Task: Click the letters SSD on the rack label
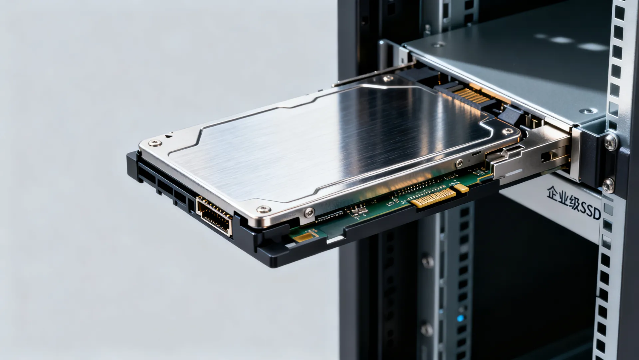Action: click(590, 210)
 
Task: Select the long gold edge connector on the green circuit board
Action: click(433, 198)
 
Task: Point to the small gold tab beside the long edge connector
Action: click(461, 188)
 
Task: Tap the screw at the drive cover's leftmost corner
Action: click(155, 143)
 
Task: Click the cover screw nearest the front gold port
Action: click(263, 209)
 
